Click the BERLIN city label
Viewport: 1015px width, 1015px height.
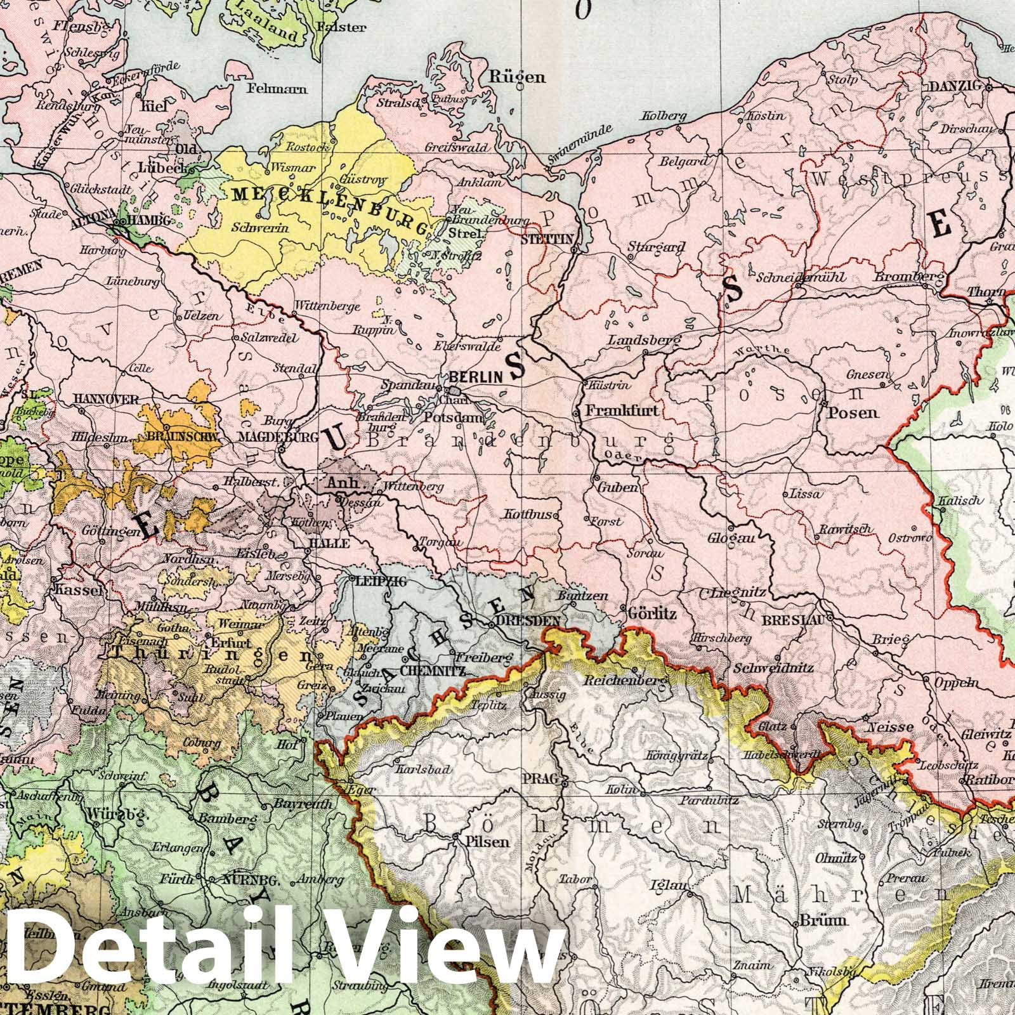(x=485, y=376)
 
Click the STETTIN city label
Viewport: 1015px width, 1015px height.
(x=547, y=239)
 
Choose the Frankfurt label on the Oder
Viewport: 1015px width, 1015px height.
(x=621, y=410)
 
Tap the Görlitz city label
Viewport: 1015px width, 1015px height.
(x=652, y=614)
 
